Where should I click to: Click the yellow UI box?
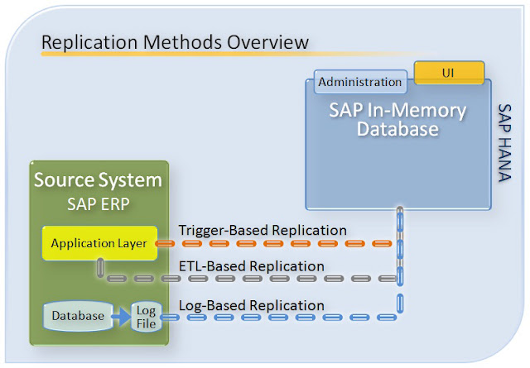[450, 72]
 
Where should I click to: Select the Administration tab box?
[360, 82]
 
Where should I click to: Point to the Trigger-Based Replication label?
[263, 229]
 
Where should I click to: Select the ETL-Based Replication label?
[252, 265]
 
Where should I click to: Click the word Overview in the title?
[268, 41]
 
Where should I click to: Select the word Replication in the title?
[87, 41]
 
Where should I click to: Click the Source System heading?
[98, 179]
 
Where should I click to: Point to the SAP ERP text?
[98, 203]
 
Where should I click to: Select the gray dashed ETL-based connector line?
[248, 280]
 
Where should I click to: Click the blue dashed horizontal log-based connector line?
[273, 317]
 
